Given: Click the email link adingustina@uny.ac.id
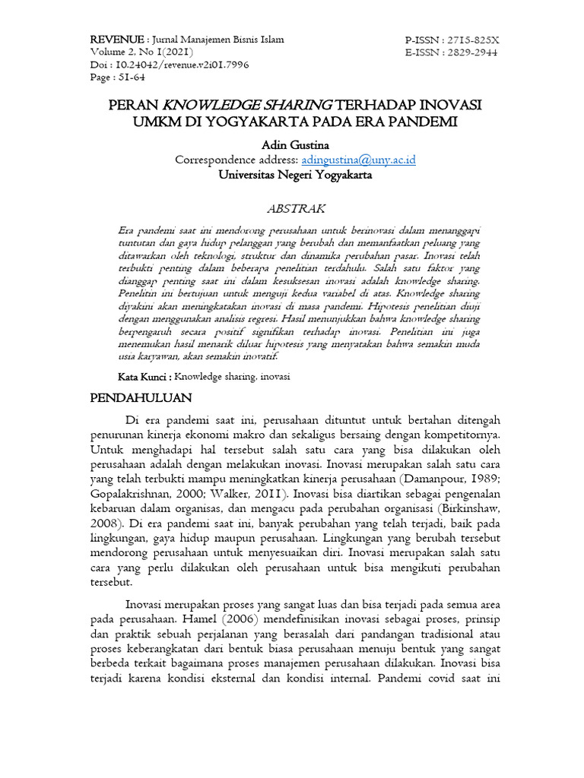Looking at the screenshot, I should tap(358, 160).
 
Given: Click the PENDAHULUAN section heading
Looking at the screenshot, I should tap(141, 397).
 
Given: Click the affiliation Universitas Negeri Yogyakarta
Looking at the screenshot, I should tap(295, 174).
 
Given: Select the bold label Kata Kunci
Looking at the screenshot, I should tap(144, 377).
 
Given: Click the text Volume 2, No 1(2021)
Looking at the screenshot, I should tap(141, 53).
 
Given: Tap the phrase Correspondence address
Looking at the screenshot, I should tap(236, 160).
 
